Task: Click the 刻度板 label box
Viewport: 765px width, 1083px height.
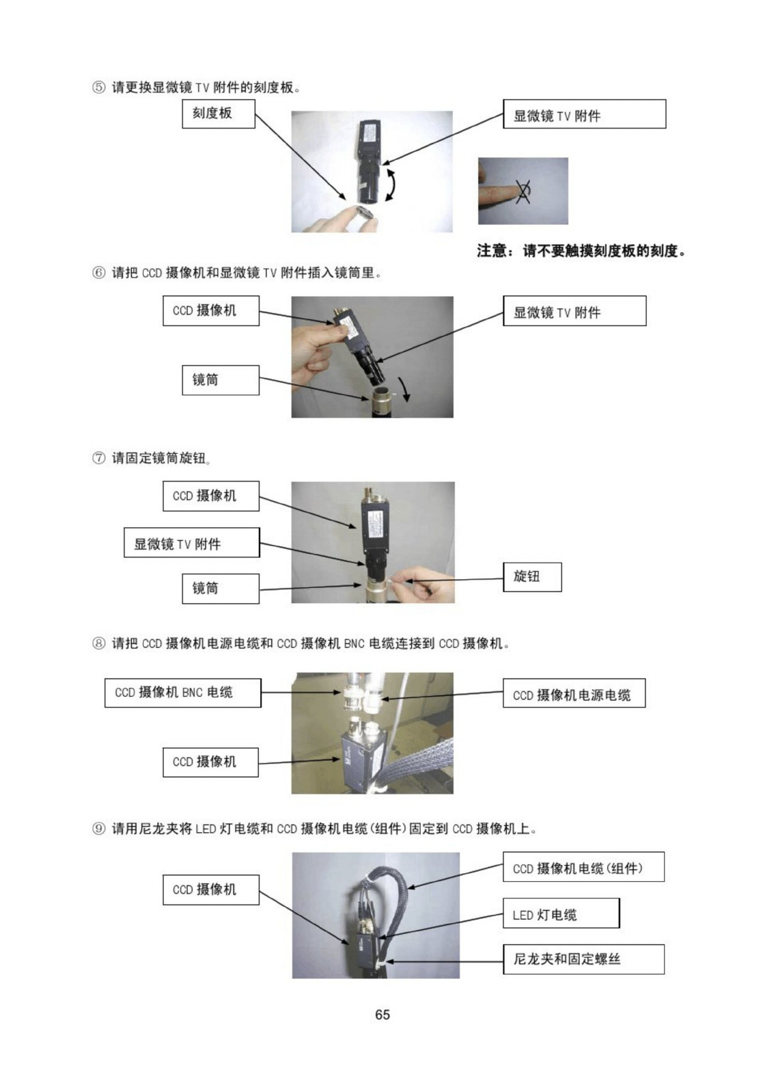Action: [219, 114]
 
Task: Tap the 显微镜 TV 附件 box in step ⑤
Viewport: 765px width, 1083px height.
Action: [585, 114]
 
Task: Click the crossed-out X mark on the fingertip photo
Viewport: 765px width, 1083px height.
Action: [523, 191]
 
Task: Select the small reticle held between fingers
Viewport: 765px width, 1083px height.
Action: [365, 212]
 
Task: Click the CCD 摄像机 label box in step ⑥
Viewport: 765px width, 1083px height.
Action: [211, 311]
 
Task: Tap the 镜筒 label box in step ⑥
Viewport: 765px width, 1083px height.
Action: [221, 380]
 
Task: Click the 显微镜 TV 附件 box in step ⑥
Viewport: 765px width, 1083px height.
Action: [574, 311]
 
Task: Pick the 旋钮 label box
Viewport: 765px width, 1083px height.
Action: [532, 577]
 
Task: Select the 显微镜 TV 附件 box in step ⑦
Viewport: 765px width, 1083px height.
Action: [192, 542]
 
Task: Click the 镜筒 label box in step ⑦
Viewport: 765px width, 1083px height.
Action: [221, 589]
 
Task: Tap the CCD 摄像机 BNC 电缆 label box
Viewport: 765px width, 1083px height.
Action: [183, 693]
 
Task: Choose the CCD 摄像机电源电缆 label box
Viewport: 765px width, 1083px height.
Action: [574, 693]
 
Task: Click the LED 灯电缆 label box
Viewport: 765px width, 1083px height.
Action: [561, 913]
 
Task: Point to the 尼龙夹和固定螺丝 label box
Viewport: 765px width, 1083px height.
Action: [583, 959]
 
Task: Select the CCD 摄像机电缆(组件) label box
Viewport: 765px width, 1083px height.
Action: [583, 867]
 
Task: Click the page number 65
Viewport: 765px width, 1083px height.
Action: [382, 1015]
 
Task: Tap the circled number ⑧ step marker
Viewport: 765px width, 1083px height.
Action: [98, 643]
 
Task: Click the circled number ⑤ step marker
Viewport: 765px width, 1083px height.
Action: [98, 88]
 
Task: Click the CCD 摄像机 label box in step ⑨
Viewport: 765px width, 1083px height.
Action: [211, 890]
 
